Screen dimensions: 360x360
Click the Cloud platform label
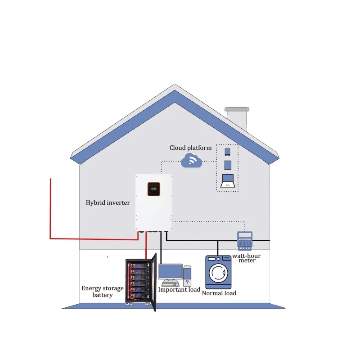click(190, 148)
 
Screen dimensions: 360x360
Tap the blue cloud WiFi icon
click(191, 160)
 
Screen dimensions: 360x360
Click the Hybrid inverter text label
click(108, 203)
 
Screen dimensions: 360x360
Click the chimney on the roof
click(237, 118)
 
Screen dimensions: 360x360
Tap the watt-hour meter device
click(245, 241)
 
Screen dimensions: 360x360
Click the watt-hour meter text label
click(246, 258)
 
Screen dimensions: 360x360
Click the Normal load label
click(219, 293)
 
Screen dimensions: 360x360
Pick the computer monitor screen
click(171, 272)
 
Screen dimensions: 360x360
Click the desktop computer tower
click(187, 276)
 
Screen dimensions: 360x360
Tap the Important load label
click(179, 290)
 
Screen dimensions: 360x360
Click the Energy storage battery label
click(102, 292)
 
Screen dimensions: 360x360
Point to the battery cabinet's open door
click(154, 283)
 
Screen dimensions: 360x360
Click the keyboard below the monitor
click(170, 284)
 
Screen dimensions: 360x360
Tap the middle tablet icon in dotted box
click(227, 165)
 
